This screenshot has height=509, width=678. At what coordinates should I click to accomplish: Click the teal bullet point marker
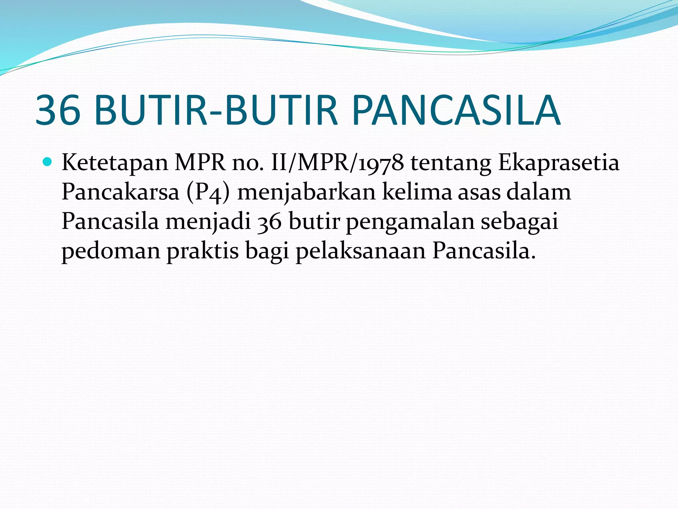click(x=48, y=162)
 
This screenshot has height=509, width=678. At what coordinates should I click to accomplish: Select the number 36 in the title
click(x=58, y=110)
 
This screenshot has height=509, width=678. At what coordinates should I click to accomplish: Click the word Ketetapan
click(x=115, y=163)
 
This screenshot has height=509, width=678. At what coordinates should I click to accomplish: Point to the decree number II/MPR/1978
click(x=337, y=163)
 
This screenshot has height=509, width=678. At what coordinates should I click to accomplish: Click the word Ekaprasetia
click(x=559, y=163)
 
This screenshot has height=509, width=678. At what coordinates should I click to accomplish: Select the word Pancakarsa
click(x=120, y=192)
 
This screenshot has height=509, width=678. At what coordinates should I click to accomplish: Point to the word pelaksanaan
click(x=361, y=251)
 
